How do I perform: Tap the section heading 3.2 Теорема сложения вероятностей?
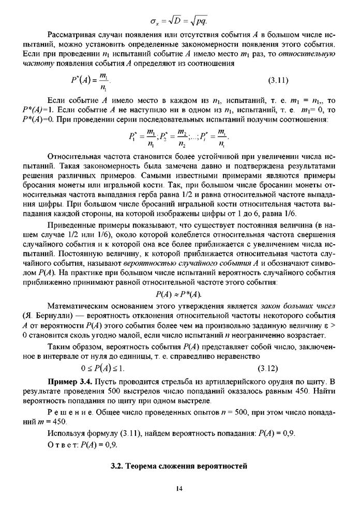pos(179,466)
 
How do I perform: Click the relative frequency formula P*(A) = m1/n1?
pos(91,81)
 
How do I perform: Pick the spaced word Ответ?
pos(61,444)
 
